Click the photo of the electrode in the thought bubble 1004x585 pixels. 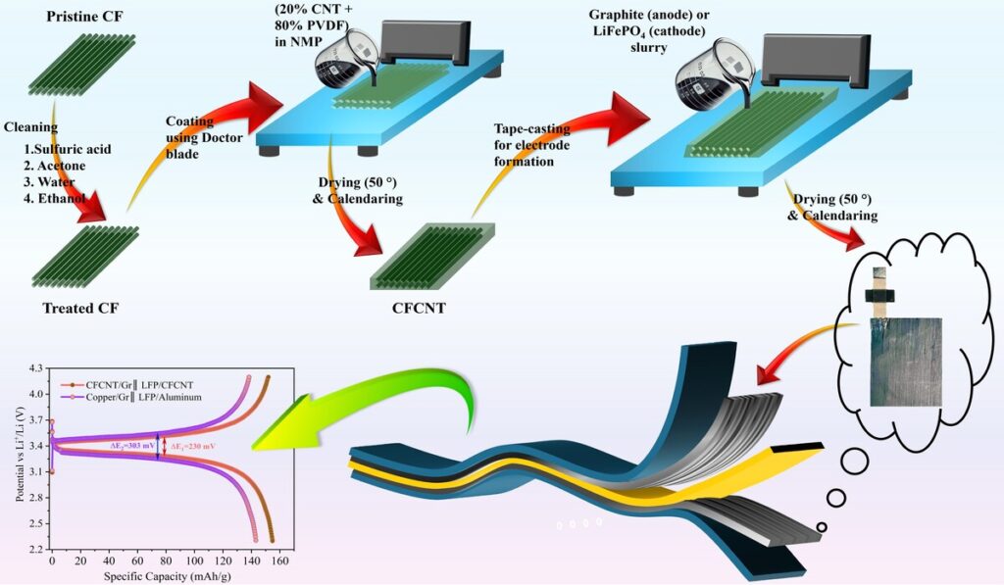[x=904, y=362]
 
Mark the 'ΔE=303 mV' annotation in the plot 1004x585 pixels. [x=131, y=446]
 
